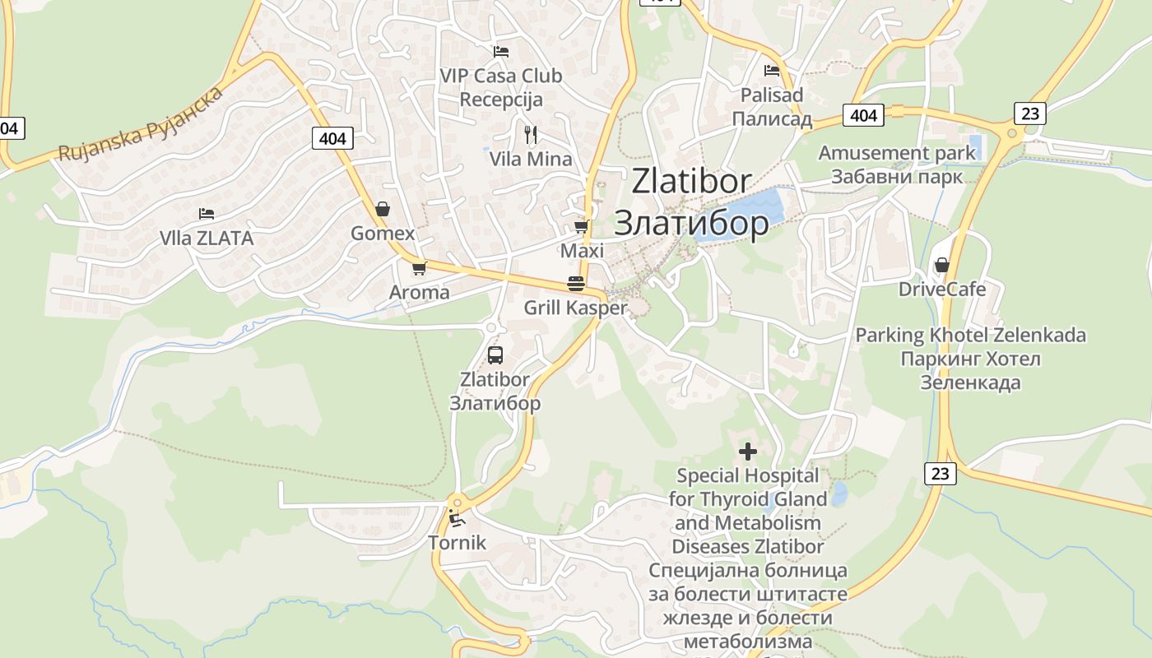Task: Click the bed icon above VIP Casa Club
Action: coord(501,52)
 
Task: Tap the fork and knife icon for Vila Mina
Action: coord(531,134)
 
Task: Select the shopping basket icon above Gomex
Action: coord(382,210)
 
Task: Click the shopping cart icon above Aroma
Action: coord(420,268)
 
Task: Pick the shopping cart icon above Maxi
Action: coord(582,226)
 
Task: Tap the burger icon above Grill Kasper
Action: coord(576,285)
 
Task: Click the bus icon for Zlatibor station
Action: coord(495,355)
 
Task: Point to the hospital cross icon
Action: coord(748,451)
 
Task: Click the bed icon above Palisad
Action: coord(771,71)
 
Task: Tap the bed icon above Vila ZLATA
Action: coord(207,214)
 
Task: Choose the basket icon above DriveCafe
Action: coord(942,265)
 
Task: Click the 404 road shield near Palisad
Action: coord(862,115)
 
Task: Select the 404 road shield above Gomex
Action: coord(332,138)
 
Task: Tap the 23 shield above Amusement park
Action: coord(1029,113)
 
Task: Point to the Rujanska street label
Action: coord(141,123)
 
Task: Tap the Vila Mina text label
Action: coord(531,159)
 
